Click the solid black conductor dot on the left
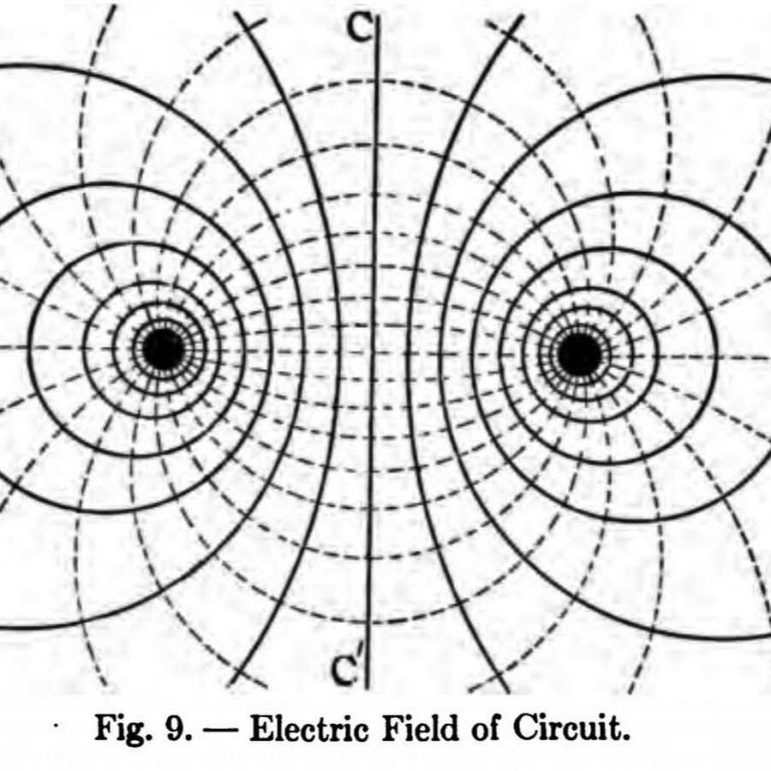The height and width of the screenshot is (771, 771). pyautogui.click(x=164, y=350)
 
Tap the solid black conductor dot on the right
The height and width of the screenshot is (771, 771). pyautogui.click(x=580, y=354)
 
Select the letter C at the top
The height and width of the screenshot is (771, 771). pyautogui.click(x=360, y=27)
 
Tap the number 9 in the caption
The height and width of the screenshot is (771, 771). pyautogui.click(x=176, y=728)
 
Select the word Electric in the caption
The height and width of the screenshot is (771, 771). pyautogui.click(x=309, y=727)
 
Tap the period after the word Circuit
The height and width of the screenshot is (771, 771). pyautogui.click(x=625, y=738)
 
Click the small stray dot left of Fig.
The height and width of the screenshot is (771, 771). pyautogui.click(x=57, y=726)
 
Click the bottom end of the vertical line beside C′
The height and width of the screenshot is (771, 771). pyautogui.click(x=368, y=689)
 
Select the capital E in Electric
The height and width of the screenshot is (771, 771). pyautogui.click(x=261, y=727)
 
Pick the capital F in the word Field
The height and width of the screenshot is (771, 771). pyautogui.click(x=393, y=727)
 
